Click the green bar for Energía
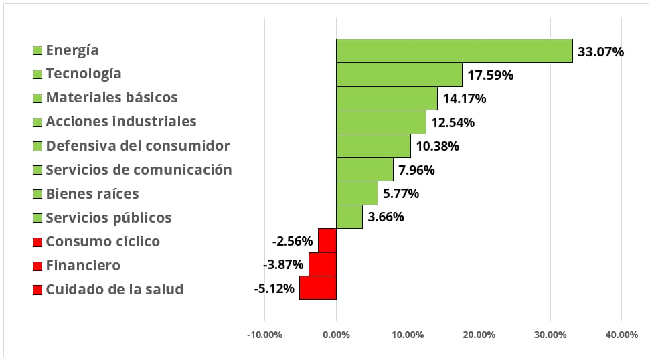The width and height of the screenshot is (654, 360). click(455, 51)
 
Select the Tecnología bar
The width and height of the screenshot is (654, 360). click(399, 75)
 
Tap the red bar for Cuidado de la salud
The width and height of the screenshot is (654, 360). click(318, 288)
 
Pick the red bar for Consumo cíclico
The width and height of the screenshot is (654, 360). click(327, 240)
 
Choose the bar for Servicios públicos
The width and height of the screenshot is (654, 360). click(349, 217)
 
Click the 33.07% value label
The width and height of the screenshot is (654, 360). click(600, 52)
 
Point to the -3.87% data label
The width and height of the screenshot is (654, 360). click(282, 264)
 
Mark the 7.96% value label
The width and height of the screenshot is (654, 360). click(416, 170)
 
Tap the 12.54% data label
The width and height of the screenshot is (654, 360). click(453, 122)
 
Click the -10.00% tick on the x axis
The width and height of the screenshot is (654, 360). click(264, 335)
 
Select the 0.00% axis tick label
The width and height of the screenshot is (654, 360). click(336, 335)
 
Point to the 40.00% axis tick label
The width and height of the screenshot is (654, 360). click(621, 335)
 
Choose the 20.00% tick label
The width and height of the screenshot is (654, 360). click(479, 335)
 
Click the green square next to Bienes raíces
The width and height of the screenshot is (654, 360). click(37, 194)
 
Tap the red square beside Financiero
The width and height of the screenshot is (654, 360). click(37, 266)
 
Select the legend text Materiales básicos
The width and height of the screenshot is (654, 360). click(112, 97)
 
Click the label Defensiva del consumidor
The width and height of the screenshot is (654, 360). click(138, 146)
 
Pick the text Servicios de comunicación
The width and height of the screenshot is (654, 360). click(139, 169)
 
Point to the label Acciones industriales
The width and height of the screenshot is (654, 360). click(121, 121)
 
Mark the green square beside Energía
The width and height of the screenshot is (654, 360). click(37, 50)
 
